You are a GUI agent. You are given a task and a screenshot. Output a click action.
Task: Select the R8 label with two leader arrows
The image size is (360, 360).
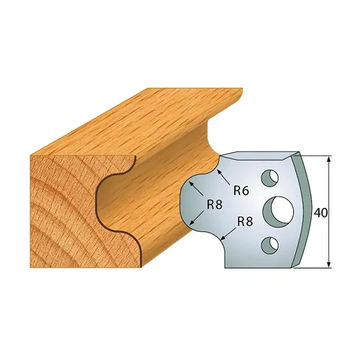tap(214, 204)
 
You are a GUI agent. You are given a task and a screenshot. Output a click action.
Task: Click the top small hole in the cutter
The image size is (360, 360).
tap(269, 176)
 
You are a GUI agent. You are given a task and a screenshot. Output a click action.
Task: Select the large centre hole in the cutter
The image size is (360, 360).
tap(276, 210)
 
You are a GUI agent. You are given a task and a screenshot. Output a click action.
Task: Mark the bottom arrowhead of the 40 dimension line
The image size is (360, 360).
tap(328, 266)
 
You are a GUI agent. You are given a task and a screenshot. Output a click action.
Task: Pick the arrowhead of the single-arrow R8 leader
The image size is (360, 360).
tap(222, 238)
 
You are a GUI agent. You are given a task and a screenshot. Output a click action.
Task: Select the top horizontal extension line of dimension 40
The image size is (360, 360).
tap(317, 154)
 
